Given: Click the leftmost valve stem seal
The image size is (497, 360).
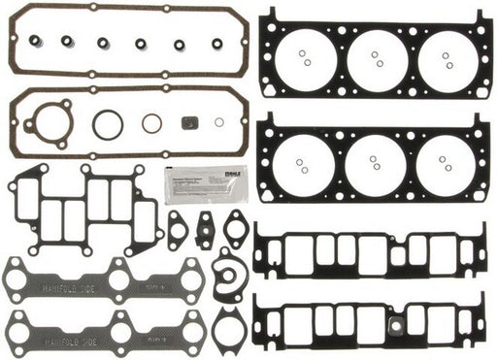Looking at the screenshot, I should click(x=33, y=41).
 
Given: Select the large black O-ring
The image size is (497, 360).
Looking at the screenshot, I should click(x=109, y=124).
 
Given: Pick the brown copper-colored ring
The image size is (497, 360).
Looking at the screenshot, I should click(x=151, y=123).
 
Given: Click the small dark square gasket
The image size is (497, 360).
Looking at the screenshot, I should click(x=190, y=123).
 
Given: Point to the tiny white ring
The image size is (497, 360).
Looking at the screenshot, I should click(x=218, y=122).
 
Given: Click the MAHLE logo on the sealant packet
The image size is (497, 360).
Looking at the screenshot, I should click(x=175, y=172).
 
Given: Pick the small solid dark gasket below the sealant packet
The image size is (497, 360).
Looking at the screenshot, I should click(x=205, y=230).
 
